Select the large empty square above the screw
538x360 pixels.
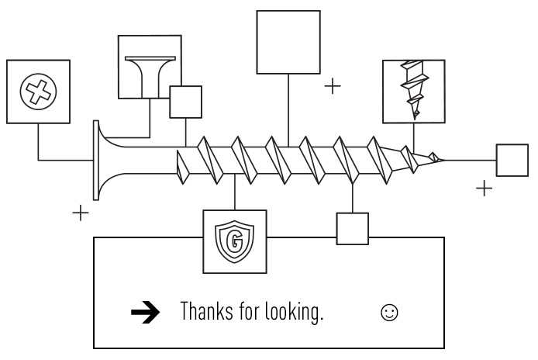pos(288,42)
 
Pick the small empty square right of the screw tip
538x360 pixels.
pos(512,161)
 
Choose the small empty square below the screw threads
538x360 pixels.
pos(353,229)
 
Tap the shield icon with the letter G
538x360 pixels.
pos(234,242)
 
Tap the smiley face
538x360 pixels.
pos(390,312)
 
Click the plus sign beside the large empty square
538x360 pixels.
pos(333,85)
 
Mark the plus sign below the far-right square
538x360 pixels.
pos(484,188)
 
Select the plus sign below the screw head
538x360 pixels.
pos(81,213)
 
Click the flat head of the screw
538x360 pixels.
pos(97,160)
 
